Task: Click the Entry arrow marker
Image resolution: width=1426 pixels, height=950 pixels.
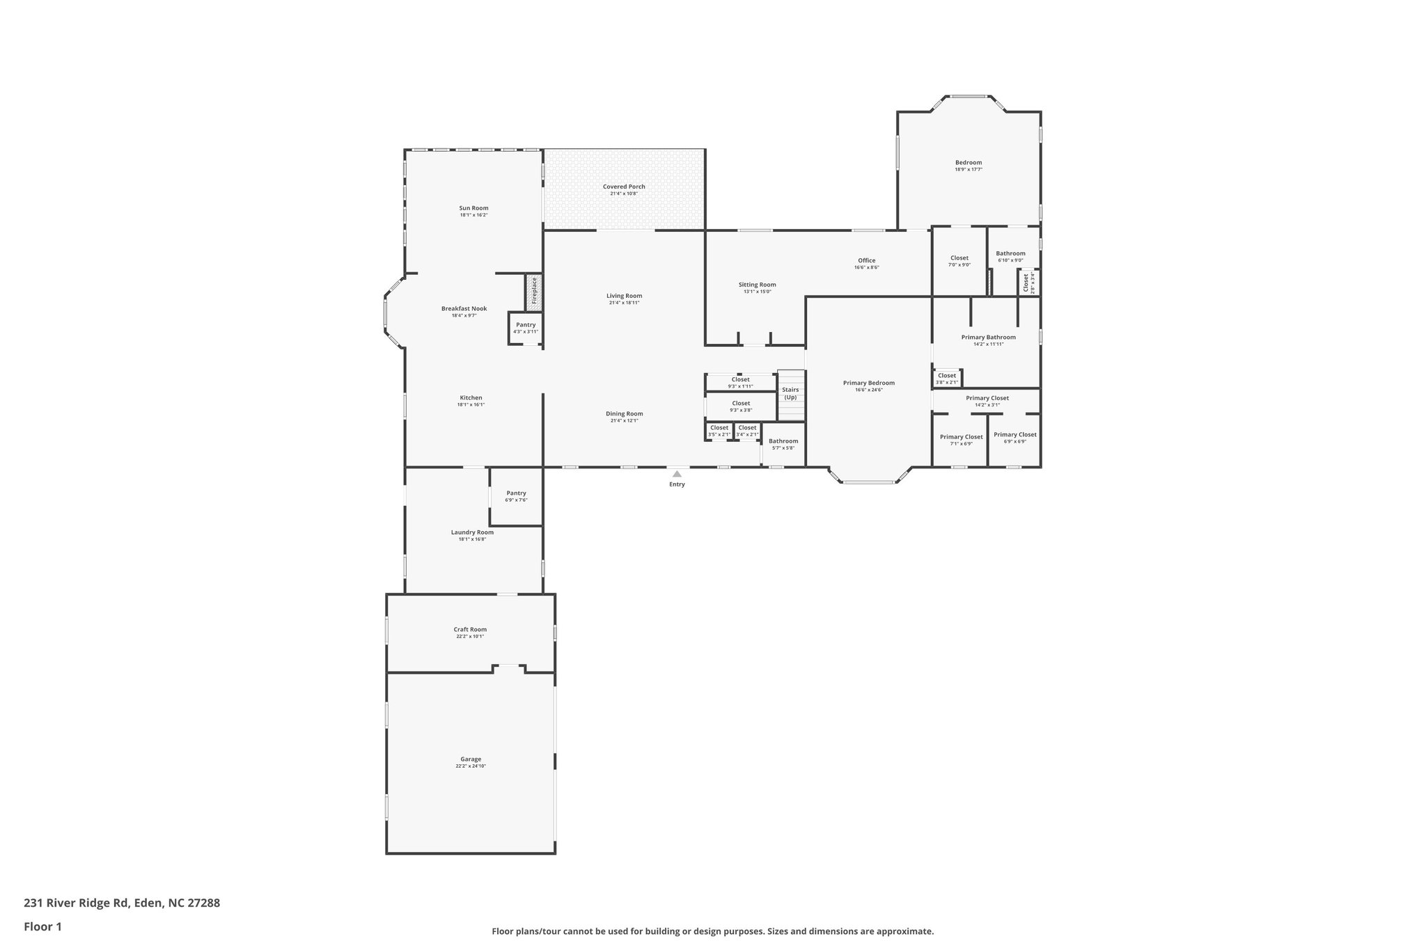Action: click(x=677, y=474)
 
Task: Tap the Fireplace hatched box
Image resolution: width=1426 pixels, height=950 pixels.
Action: click(x=534, y=292)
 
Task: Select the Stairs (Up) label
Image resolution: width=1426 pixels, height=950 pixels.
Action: click(x=790, y=393)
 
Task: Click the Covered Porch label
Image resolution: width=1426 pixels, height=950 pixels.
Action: click(x=624, y=187)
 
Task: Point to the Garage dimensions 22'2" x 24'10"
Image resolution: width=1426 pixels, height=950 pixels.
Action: click(x=471, y=766)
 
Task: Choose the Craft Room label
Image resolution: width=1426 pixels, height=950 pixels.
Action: click(x=470, y=629)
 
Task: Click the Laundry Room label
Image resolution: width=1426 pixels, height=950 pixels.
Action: click(x=472, y=532)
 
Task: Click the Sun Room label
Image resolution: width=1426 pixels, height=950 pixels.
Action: click(x=473, y=208)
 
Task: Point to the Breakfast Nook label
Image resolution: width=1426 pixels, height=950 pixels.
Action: click(x=464, y=308)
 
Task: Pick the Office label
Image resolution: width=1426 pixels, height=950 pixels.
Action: click(x=866, y=260)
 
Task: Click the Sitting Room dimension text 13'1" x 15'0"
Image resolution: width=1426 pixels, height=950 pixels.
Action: click(x=758, y=292)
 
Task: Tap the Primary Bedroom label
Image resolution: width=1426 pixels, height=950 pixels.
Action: click(x=868, y=383)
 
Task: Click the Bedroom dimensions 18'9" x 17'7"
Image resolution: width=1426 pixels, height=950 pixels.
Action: click(x=968, y=170)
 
